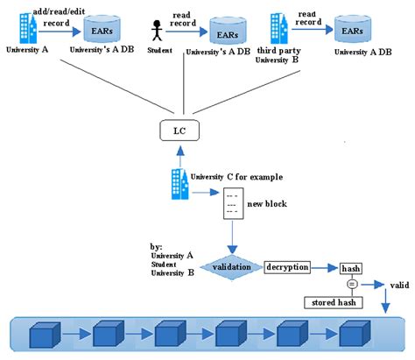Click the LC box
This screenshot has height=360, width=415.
pyautogui.click(x=179, y=131)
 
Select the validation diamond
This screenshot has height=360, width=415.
pyautogui.click(x=231, y=267)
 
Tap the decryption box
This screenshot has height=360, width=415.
pyautogui.click(x=287, y=267)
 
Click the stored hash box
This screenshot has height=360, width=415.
pyautogui.click(x=334, y=302)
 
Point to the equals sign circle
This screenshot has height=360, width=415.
pyautogui.click(x=352, y=284)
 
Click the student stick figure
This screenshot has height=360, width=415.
pyautogui.click(x=157, y=31)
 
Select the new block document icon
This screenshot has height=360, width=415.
pyautogui.click(x=233, y=203)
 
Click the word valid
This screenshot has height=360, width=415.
pyautogui.click(x=399, y=285)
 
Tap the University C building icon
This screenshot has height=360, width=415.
pyautogui.click(x=179, y=184)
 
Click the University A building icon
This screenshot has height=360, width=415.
pyautogui.click(x=28, y=28)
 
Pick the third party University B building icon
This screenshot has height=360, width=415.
pyautogui.click(x=279, y=28)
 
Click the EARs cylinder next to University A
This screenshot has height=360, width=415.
pyautogui.click(x=102, y=30)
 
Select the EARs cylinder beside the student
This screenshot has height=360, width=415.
pyautogui.click(x=228, y=32)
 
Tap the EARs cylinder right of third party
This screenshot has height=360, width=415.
pyautogui.click(x=353, y=29)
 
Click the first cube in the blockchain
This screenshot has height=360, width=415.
pyautogui.click(x=45, y=335)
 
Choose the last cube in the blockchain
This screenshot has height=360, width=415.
pyautogui.click(x=355, y=334)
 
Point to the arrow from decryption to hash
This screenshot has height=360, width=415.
pyautogui.click(x=325, y=268)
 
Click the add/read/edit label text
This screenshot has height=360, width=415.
pyautogui.click(x=59, y=11)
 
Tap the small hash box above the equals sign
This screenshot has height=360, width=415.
pyautogui.click(x=351, y=268)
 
